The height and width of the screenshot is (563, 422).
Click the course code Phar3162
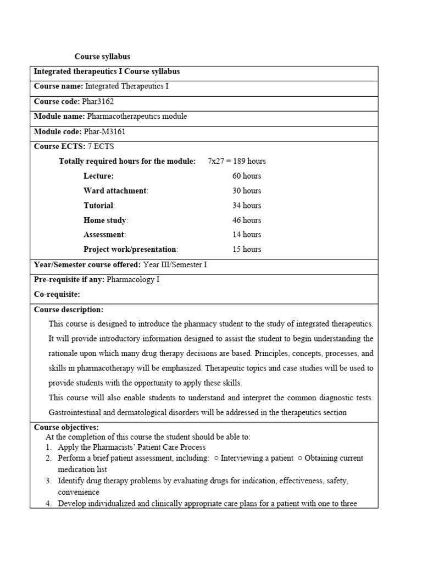pyautogui.click(x=98, y=101)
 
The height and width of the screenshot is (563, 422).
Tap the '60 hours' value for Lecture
pyautogui.click(x=246, y=176)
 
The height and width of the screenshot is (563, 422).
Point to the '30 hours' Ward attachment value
pyautogui.click(x=246, y=191)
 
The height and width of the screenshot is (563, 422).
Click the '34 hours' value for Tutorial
pyautogui.click(x=246, y=206)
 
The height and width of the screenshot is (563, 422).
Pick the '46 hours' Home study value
pyautogui.click(x=246, y=220)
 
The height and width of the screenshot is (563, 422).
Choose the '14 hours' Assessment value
pyautogui.click(x=246, y=234)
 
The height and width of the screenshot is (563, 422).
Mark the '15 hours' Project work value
pyautogui.click(x=246, y=249)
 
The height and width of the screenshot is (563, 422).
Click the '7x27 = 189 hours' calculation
pyautogui.click(x=236, y=161)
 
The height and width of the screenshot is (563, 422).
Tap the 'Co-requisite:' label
pyautogui.click(x=57, y=295)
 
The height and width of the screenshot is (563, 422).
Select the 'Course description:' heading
pyautogui.click(x=69, y=310)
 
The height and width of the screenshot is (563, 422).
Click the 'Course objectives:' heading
pyautogui.click(x=66, y=427)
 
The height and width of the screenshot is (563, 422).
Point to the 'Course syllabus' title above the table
pyautogui.click(x=102, y=57)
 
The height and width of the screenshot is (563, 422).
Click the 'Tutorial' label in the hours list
pyautogui.click(x=98, y=206)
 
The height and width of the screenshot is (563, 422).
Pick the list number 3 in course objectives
pyautogui.click(x=48, y=481)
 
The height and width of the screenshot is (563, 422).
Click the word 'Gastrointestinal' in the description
pyautogui.click(x=75, y=412)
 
